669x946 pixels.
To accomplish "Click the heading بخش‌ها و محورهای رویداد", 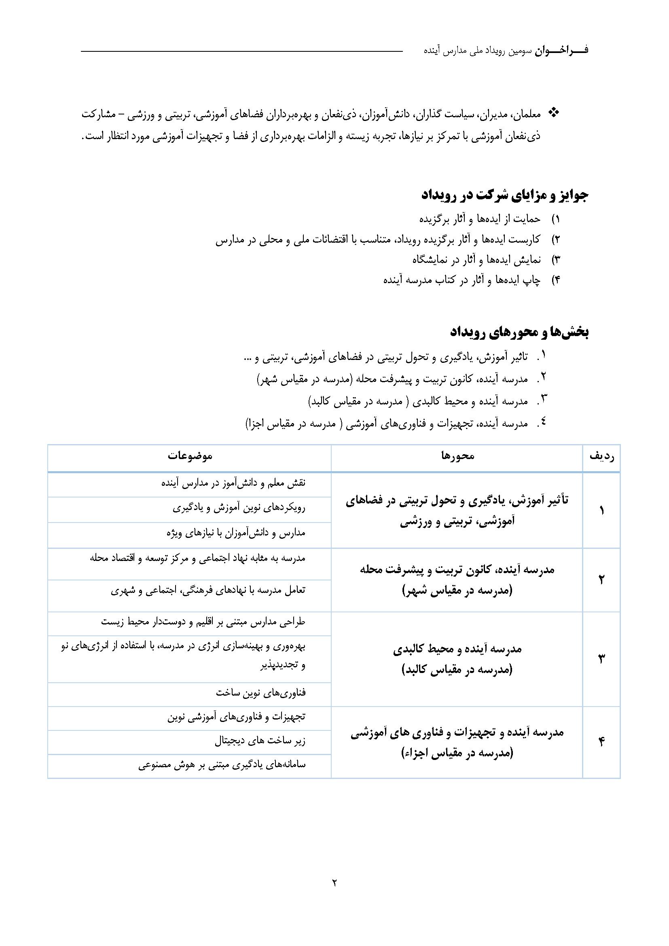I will point(520,332).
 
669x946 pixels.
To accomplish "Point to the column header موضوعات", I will point(190,456).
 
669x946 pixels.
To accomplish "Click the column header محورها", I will point(458,456).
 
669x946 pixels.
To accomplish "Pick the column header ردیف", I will point(602,456).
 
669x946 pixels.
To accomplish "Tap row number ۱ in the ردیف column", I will point(601,511).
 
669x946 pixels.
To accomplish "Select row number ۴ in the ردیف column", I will point(601,742).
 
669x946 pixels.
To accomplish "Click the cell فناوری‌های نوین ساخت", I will point(261,692).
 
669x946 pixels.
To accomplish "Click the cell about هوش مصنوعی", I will point(222,765).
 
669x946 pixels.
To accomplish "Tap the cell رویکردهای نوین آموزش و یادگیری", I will point(239,508).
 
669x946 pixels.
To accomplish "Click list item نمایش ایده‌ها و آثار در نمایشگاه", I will point(476,260).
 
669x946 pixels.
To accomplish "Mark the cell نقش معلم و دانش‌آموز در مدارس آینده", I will point(233,483).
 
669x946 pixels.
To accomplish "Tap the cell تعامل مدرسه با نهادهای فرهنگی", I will point(208,590).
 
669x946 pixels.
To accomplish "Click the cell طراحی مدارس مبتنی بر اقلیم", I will point(203,622).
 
